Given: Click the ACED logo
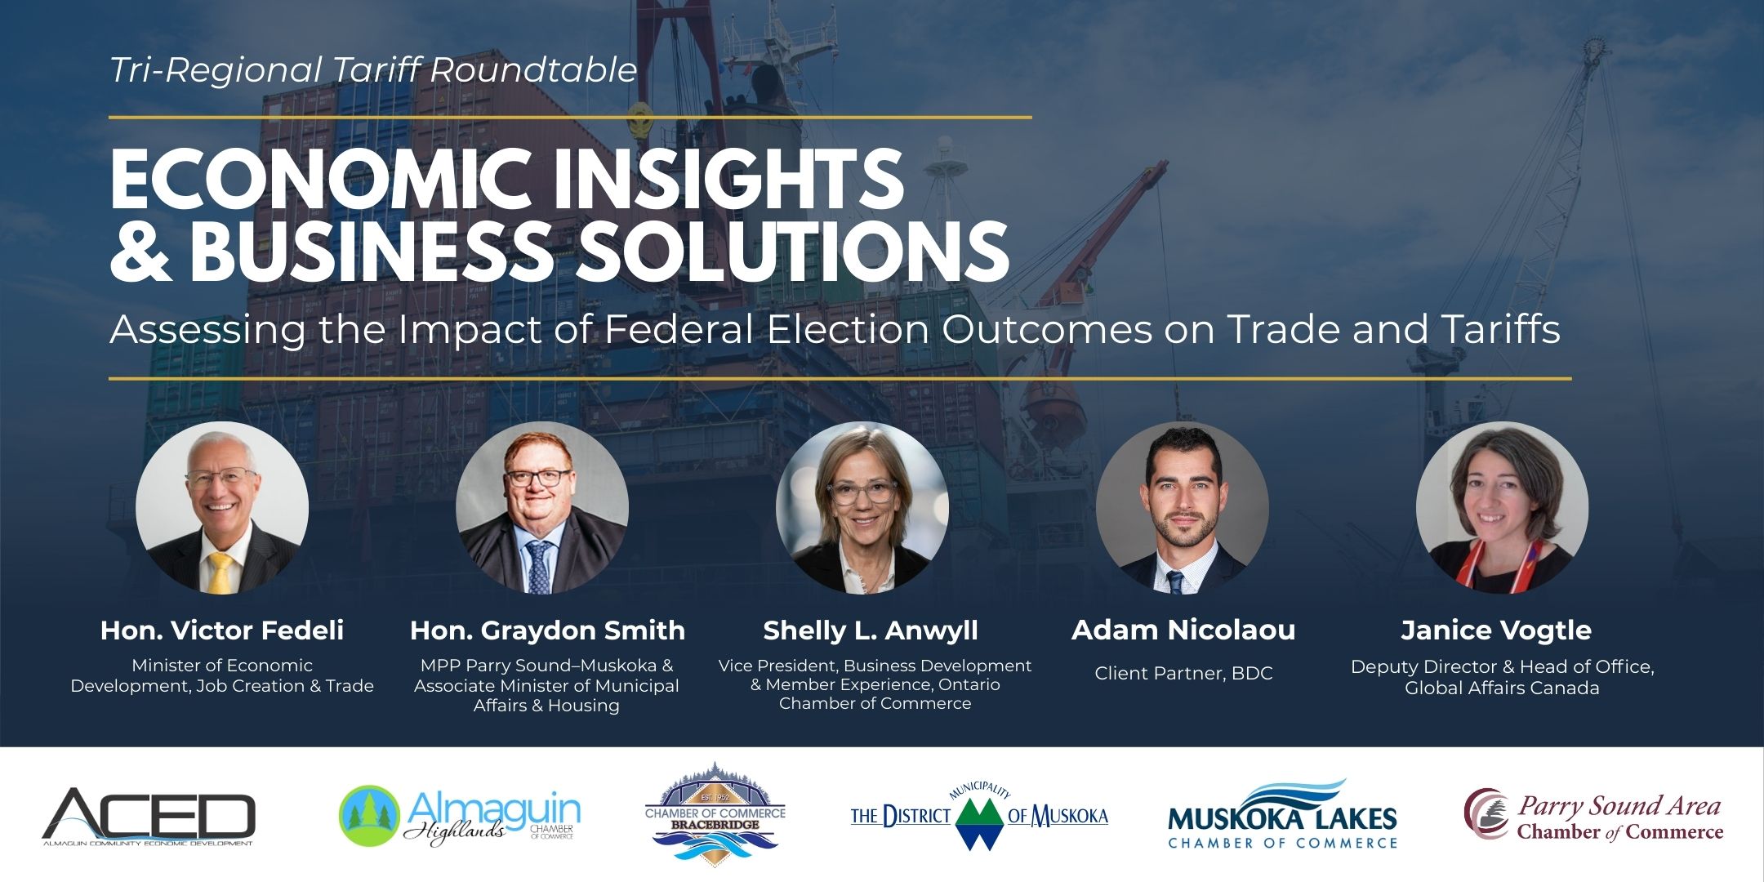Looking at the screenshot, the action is point(149,817).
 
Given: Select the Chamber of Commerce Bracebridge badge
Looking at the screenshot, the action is point(715,814).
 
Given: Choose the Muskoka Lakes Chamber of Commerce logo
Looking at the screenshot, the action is point(1282,815).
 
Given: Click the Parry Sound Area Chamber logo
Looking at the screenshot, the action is point(1593,815).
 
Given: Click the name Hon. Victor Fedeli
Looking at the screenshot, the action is point(222,630).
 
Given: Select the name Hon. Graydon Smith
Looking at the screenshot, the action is point(547,630).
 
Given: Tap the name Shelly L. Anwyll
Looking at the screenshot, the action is point(871,630).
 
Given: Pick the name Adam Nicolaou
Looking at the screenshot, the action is point(1183,630).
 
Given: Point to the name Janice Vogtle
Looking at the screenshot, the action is point(1496,630).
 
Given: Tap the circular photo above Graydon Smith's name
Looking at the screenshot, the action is point(542,508).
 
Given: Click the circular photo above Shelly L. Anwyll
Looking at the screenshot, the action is point(862,508).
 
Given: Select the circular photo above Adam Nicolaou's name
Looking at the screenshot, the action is point(1183,508).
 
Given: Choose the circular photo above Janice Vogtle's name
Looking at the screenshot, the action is point(1503,508).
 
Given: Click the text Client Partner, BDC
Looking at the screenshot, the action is point(1183,674).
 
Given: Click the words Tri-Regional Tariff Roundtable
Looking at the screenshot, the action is point(373,70).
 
